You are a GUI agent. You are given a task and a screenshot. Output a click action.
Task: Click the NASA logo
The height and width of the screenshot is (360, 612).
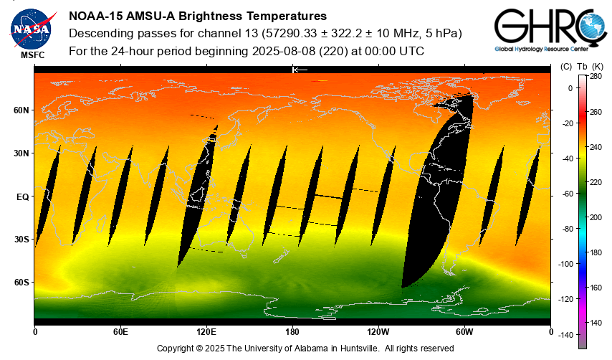click(x=31, y=28)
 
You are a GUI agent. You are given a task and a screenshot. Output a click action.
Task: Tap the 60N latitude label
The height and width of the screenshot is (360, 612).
click(x=21, y=110)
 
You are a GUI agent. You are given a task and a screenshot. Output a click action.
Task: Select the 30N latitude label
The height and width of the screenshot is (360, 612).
click(x=21, y=153)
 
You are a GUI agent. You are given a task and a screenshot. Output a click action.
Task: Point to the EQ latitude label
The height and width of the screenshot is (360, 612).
click(x=22, y=196)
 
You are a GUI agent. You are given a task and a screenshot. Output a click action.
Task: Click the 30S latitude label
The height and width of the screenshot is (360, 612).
click(x=21, y=240)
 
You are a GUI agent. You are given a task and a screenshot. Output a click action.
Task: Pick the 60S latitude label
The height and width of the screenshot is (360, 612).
click(x=21, y=283)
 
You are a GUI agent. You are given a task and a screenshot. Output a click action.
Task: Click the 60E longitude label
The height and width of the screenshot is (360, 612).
click(x=120, y=331)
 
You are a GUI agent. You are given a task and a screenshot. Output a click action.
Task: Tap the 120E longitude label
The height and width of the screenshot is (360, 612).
click(x=206, y=331)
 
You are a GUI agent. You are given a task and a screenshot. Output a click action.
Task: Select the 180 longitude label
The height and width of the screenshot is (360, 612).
click(x=292, y=331)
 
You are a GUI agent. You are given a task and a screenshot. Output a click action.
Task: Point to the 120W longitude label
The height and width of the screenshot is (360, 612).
click(x=378, y=331)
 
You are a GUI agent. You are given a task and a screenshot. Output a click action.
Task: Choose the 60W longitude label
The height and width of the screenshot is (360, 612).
click(x=464, y=331)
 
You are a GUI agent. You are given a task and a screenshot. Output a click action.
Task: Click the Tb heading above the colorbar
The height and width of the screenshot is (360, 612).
click(x=582, y=66)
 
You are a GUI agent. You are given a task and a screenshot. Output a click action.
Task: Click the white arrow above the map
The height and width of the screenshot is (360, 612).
click(x=300, y=70)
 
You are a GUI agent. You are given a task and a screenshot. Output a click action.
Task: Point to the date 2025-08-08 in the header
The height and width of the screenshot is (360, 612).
click(x=285, y=52)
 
